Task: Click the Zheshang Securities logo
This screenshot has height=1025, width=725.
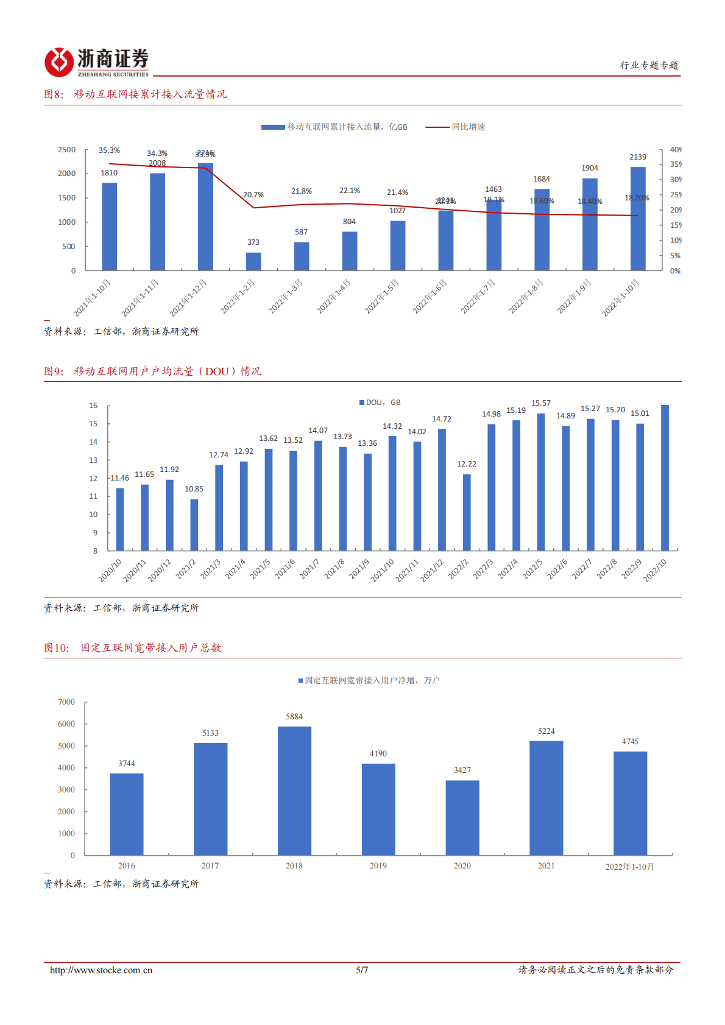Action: pos(96,62)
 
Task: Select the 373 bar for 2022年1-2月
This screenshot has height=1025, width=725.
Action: pos(253,261)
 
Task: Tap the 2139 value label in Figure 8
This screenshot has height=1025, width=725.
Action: pos(638,157)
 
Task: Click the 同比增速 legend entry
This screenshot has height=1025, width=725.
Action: pos(456,127)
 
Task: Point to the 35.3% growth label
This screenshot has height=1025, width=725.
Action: pos(109,150)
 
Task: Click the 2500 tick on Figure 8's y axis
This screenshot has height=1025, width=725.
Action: pos(67,150)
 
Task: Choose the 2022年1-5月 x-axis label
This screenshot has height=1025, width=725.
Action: pos(382,297)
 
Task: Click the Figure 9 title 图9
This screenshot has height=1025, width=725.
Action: pos(54,372)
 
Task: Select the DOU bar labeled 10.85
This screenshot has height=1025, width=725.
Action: pos(194,524)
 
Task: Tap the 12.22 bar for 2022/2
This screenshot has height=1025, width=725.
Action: pos(467,512)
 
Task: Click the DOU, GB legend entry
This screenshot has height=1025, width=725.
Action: pos(380,403)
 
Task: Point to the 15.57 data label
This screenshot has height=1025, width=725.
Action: pos(540,403)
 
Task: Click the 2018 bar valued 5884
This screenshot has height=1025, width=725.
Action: pos(294,791)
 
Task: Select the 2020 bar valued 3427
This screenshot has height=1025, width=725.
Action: pos(462,817)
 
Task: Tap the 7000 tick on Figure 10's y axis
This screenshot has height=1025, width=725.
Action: pos(66,702)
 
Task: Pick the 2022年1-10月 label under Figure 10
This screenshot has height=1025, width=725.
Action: pos(629,867)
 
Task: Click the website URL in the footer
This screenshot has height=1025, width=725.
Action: pos(101,970)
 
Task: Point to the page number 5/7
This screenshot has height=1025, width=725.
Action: pos(362,970)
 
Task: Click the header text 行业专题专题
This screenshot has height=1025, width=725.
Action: pos(649,65)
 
